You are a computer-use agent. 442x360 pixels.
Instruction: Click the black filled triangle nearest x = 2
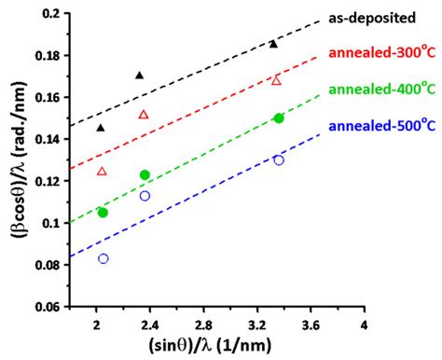[101, 127]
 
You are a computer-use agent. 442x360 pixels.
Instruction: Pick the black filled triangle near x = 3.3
[273, 44]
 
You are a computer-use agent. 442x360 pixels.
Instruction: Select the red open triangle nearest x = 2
[102, 171]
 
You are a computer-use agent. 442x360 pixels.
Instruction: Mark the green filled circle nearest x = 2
[103, 213]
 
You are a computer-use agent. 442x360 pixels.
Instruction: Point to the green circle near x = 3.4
[279, 118]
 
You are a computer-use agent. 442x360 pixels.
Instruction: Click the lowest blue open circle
[103, 258]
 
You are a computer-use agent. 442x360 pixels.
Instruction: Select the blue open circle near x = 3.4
[279, 160]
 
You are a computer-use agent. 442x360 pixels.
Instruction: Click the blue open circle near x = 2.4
[145, 196]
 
